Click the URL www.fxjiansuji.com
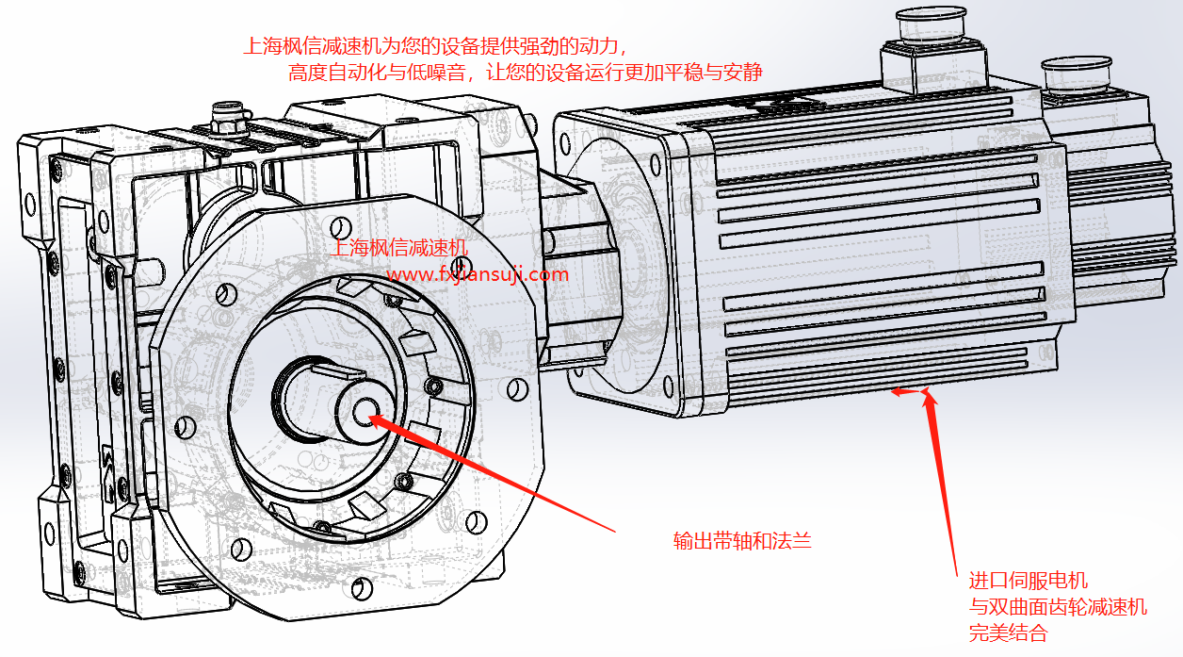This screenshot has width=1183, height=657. point(478,275)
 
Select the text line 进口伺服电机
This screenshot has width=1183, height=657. point(1029,581)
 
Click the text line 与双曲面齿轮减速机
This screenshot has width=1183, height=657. point(1058,607)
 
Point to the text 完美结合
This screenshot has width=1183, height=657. point(1008,632)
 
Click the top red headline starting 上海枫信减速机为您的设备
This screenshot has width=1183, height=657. point(434,45)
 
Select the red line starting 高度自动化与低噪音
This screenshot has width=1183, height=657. point(526,73)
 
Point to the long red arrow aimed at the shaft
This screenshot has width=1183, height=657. point(490,470)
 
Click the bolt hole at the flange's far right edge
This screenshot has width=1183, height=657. point(515,388)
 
